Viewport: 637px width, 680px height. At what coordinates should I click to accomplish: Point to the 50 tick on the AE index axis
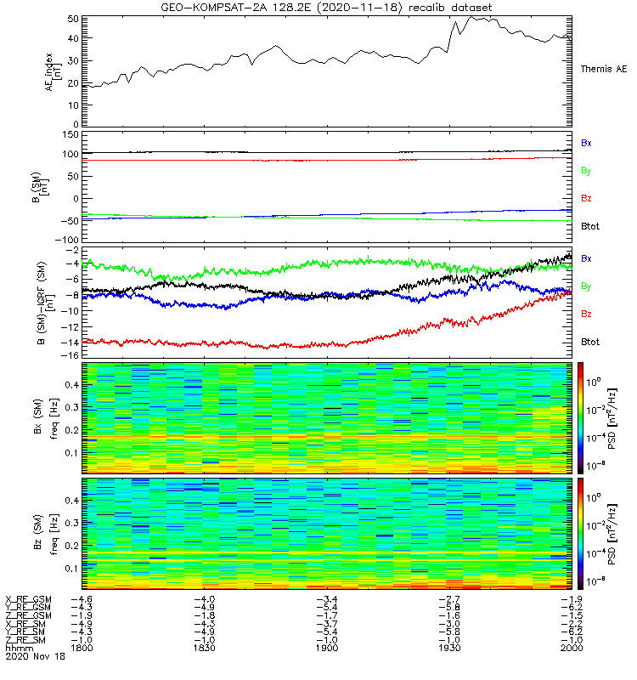[73, 18]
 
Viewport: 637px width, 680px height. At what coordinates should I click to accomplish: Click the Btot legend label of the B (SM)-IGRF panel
[589, 342]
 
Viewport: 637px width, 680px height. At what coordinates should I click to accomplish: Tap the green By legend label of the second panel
[586, 171]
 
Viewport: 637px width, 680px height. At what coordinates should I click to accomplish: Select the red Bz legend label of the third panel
[586, 314]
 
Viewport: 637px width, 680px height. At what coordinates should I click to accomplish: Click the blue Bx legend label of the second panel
[586, 144]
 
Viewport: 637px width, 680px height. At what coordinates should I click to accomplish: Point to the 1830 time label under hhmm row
[205, 647]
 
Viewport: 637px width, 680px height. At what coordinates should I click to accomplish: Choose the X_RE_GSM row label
[28, 599]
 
